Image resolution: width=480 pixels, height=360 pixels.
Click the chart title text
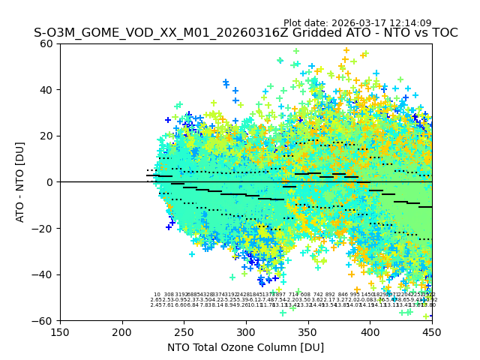(x=245, y=33)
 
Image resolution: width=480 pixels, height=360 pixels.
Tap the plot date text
(x=367, y=23)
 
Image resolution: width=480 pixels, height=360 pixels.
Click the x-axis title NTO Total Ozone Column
(x=245, y=347)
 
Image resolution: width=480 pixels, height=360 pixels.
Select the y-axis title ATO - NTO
(x=20, y=181)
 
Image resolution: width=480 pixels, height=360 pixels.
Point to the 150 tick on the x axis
(x=60, y=332)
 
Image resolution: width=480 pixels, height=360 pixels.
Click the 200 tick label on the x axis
(x=122, y=332)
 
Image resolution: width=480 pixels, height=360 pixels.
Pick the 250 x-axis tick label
(x=184, y=332)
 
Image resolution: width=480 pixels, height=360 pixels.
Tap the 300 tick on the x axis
(x=246, y=332)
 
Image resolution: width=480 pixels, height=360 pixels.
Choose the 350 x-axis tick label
(x=308, y=332)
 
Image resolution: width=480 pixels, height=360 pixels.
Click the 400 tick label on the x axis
(x=370, y=332)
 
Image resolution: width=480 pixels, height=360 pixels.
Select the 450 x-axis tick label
(x=432, y=332)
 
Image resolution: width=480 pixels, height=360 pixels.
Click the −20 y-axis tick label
(x=45, y=228)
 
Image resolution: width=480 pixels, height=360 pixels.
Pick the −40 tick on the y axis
(x=45, y=274)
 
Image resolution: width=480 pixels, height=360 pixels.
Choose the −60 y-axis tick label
(x=45, y=321)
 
